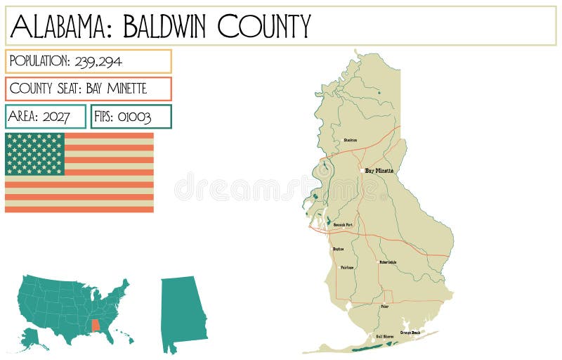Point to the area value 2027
(x=56, y=117)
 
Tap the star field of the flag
(x=34, y=153)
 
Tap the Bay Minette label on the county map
(x=379, y=171)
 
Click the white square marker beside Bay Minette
(x=362, y=171)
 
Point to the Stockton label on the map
(x=350, y=140)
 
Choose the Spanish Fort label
(x=343, y=225)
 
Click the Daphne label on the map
(x=338, y=249)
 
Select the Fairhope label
(x=347, y=267)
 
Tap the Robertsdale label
(x=388, y=262)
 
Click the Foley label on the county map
(x=384, y=307)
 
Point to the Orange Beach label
(x=410, y=332)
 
